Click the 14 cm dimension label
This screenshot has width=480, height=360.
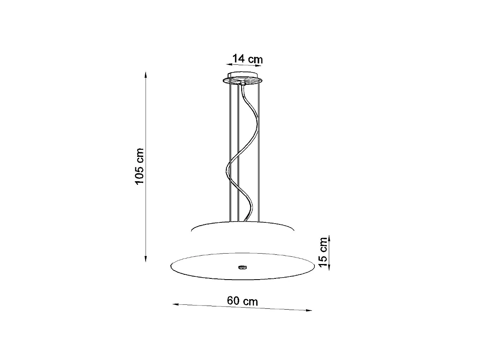coord(248,59)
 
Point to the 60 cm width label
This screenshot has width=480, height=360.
coord(243,301)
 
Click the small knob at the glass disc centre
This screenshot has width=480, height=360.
coord(242,267)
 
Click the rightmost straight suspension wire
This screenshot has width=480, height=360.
coord(259,152)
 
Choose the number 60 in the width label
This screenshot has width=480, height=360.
coord(234,301)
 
